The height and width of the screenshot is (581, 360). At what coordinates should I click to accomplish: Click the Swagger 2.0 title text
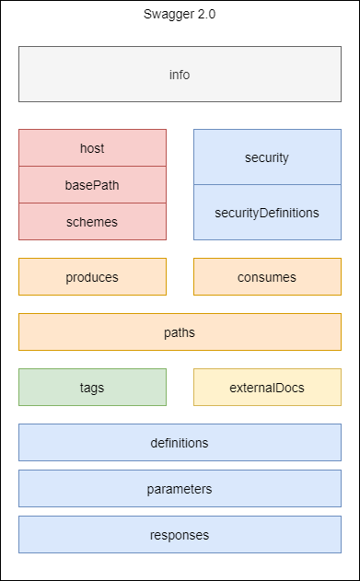tap(180, 14)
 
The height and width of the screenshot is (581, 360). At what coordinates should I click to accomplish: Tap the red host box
tap(92, 148)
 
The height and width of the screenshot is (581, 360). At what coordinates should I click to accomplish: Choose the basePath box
tap(92, 185)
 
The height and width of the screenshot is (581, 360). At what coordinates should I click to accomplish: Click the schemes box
tap(92, 222)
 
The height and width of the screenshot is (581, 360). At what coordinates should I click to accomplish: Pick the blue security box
tap(267, 157)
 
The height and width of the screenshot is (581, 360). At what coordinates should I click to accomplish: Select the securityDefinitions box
tap(267, 213)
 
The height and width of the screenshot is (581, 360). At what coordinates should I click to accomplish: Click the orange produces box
tap(92, 277)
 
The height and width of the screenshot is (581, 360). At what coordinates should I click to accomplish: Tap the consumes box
tap(267, 277)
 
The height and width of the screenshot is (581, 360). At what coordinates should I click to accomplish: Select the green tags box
tap(92, 388)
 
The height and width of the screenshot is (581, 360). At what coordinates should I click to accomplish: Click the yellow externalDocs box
tap(267, 388)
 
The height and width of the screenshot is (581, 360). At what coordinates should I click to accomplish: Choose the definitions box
tap(180, 443)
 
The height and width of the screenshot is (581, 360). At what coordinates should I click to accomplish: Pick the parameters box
tap(180, 489)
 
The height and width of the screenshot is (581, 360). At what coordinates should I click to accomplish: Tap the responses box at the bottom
tap(180, 535)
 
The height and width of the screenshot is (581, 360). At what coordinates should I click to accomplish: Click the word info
tap(180, 75)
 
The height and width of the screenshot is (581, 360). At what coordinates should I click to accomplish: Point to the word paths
tap(180, 332)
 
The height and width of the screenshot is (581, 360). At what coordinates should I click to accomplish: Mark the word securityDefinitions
tap(267, 213)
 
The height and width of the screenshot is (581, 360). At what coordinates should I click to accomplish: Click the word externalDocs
tap(267, 388)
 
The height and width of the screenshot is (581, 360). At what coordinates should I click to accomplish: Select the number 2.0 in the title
tap(205, 14)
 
